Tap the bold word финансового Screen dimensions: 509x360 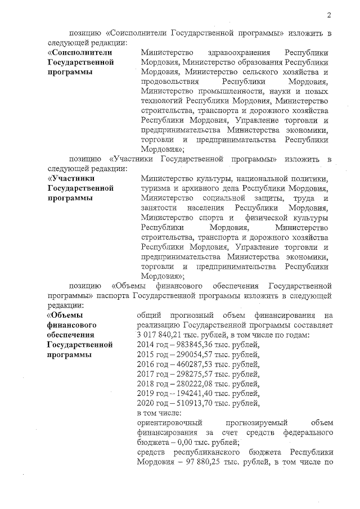pos(72,325)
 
